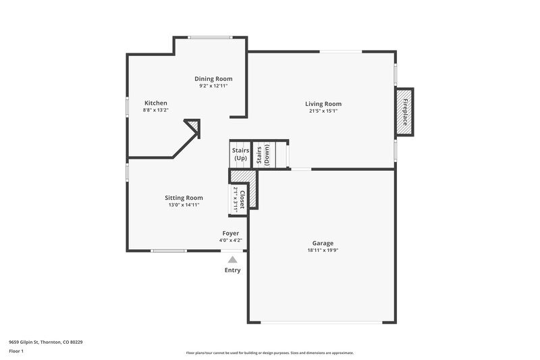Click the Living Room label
(323, 104)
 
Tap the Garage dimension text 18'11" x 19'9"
(323, 250)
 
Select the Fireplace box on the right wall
(404, 112)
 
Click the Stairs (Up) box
(240, 154)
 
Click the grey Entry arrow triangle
(232, 259)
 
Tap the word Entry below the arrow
(232, 270)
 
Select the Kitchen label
(155, 103)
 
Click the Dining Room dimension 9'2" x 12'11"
(213, 86)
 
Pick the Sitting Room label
(184, 198)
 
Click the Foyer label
(231, 233)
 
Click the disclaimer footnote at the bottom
(269, 353)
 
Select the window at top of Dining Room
(209, 36)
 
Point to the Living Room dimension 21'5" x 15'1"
(323, 111)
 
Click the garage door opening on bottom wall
(321, 322)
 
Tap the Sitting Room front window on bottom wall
(169, 251)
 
